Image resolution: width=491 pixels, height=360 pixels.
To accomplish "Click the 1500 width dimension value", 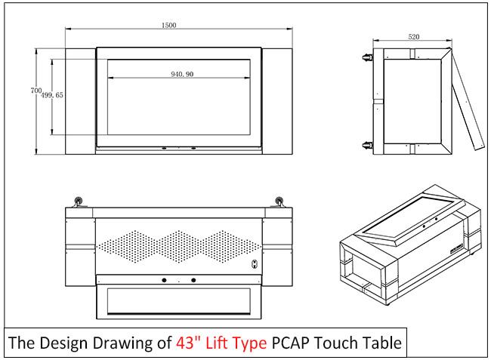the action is tap(168, 25).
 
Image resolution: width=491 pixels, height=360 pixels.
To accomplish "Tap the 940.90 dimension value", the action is tap(182, 74).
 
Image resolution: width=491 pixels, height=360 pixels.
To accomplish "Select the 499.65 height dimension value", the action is tap(52, 95).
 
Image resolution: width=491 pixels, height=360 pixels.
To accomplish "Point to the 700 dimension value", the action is tap(36, 91).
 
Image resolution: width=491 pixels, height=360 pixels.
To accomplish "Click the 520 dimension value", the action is tap(414, 36).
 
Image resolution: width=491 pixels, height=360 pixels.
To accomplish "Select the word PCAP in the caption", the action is tap(291, 343).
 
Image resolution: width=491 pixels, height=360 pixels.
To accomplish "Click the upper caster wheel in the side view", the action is tap(366, 57).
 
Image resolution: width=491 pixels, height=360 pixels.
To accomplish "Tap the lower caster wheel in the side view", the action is tap(366, 145).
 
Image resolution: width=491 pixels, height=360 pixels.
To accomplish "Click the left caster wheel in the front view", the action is tap(78, 202).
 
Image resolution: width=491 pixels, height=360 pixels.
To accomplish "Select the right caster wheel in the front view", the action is tap(279, 202).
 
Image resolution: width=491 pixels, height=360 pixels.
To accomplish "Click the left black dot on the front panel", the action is tap(164, 280).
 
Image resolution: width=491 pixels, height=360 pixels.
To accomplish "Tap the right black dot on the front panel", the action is tap(193, 280).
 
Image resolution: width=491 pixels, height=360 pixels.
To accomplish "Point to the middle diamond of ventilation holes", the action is tap(179, 247).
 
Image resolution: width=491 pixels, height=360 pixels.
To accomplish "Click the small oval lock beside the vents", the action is tap(255, 264).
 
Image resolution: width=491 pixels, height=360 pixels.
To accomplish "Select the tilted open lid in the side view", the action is tap(467, 100).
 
